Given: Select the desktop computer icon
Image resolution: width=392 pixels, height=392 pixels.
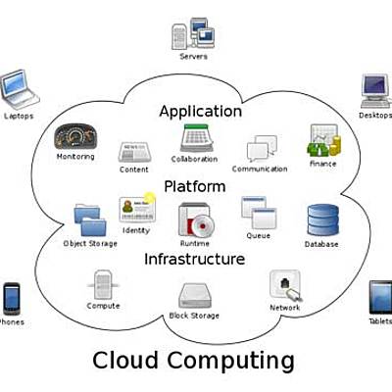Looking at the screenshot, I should [376, 90].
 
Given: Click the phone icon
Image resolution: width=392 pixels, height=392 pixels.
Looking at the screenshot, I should [12, 298].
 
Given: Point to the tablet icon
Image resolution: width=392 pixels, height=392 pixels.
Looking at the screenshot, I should [380, 298].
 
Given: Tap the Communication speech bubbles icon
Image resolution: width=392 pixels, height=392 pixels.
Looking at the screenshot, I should [259, 149].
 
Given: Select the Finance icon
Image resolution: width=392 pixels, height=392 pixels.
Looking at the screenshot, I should [322, 142].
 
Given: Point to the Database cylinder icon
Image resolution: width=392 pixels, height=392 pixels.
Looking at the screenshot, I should [321, 220].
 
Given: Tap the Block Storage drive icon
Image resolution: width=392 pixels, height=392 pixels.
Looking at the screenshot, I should [195, 297].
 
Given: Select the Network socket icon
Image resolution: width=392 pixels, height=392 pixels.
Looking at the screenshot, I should [284, 285].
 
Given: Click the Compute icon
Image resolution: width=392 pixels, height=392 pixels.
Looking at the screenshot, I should [102, 285].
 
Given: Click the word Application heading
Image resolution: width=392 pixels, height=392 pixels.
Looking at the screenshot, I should [200, 111].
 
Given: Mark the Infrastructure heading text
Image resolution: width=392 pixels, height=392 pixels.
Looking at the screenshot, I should [194, 260].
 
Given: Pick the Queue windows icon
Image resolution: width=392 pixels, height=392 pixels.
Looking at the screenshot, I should [257, 213].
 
